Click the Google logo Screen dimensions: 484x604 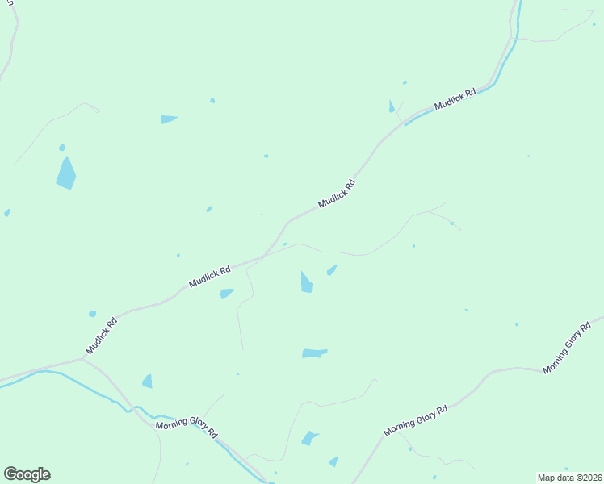[27, 474]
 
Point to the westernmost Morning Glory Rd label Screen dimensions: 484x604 [187, 427]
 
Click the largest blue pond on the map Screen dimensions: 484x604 [66, 173]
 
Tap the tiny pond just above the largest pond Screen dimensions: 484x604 [61, 148]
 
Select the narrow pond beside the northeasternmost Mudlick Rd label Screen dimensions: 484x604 [392, 106]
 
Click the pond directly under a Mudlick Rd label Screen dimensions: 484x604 [227, 294]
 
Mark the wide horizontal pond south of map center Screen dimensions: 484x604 [314, 353]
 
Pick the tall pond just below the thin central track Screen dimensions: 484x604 [307, 282]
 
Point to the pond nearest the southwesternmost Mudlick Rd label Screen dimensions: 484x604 [92, 314]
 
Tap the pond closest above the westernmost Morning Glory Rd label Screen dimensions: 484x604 [147, 382]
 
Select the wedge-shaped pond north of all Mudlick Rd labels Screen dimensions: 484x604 [168, 119]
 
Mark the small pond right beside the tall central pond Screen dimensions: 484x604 [331, 270]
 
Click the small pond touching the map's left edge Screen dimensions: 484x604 [6, 213]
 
